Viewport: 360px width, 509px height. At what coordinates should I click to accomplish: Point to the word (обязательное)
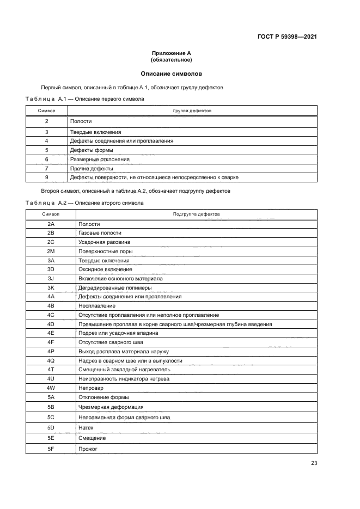[172, 60]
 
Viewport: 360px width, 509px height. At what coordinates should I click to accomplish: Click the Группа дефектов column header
[192, 111]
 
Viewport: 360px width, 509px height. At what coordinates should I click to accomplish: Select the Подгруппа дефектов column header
[196, 214]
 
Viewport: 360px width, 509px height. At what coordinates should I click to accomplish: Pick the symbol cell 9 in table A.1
[46, 177]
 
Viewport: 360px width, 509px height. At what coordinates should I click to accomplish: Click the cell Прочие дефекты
[90, 168]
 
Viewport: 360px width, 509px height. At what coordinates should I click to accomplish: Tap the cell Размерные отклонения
[100, 160]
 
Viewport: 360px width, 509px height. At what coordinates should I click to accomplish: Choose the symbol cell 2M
[51, 251]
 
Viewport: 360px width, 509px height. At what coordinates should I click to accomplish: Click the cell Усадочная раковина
[104, 242]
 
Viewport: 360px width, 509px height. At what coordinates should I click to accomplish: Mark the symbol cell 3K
[51, 287]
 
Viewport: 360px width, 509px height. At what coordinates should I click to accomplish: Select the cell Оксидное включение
[105, 269]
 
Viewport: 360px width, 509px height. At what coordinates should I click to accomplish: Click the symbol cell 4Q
[51, 360]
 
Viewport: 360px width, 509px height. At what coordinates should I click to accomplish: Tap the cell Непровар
[91, 388]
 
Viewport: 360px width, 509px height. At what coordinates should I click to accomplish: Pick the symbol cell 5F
[51, 449]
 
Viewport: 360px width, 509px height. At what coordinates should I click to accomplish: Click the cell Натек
[87, 427]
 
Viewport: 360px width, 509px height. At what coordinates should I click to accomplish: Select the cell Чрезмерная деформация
[111, 407]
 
